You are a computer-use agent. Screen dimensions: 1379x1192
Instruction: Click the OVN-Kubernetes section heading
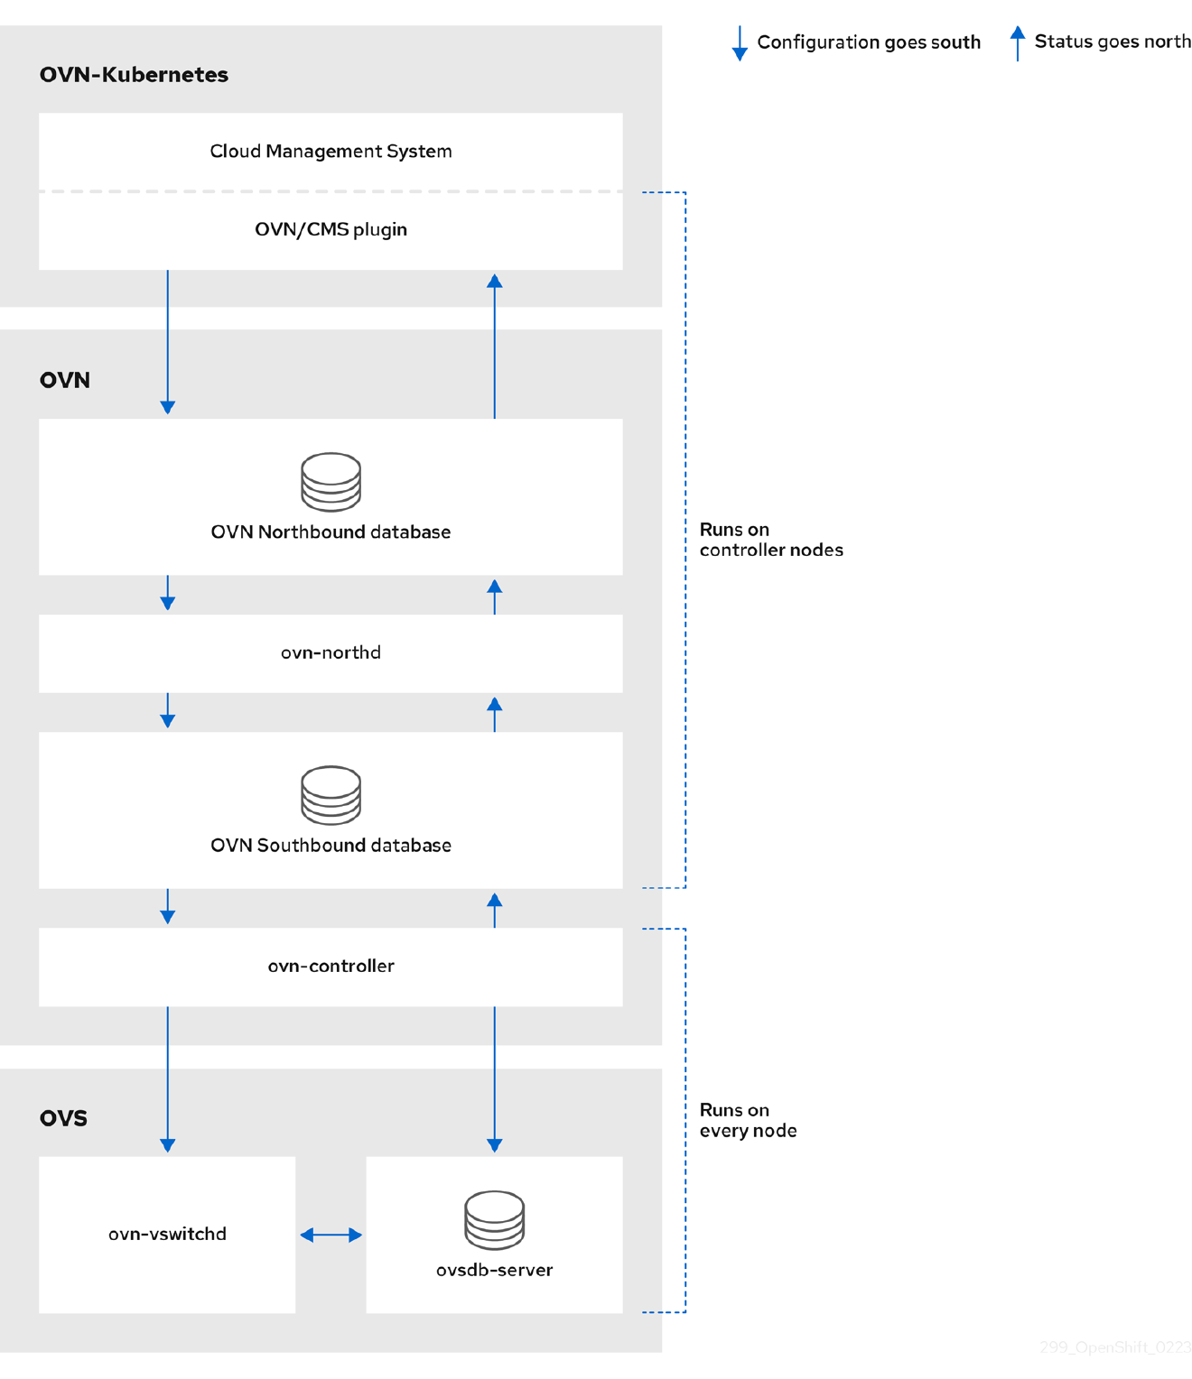[134, 75]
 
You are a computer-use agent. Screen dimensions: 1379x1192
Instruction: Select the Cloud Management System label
[331, 152]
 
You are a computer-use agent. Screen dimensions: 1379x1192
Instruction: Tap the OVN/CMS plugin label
[331, 229]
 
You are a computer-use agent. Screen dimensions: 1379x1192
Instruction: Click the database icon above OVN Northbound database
[331, 482]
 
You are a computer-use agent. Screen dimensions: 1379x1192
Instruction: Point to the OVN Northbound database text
[331, 532]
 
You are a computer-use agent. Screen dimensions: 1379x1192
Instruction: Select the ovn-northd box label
[331, 652]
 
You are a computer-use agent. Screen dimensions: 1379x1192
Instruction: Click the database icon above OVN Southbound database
[331, 795]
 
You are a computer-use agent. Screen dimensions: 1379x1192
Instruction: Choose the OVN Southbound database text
[331, 846]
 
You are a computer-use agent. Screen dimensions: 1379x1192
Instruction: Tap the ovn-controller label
[331, 966]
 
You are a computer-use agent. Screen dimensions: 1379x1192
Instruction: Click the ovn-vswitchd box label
[167, 1234]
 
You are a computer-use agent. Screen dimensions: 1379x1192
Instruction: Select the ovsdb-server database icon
[494, 1219]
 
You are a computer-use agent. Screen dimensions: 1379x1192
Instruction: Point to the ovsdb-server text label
[494, 1270]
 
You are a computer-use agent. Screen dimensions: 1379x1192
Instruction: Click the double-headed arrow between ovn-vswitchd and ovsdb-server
[331, 1235]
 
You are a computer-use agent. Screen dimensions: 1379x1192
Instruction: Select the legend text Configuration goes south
[868, 42]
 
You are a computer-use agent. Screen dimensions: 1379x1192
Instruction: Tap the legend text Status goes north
[1112, 42]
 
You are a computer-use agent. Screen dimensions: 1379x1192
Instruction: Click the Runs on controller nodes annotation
[770, 540]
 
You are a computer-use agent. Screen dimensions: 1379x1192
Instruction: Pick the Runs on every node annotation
[748, 1120]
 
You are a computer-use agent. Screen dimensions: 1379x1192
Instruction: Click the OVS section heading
[63, 1118]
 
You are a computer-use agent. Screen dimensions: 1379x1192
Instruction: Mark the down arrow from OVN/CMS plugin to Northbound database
[168, 343]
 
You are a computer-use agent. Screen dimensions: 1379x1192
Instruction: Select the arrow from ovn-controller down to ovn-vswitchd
[168, 1078]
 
